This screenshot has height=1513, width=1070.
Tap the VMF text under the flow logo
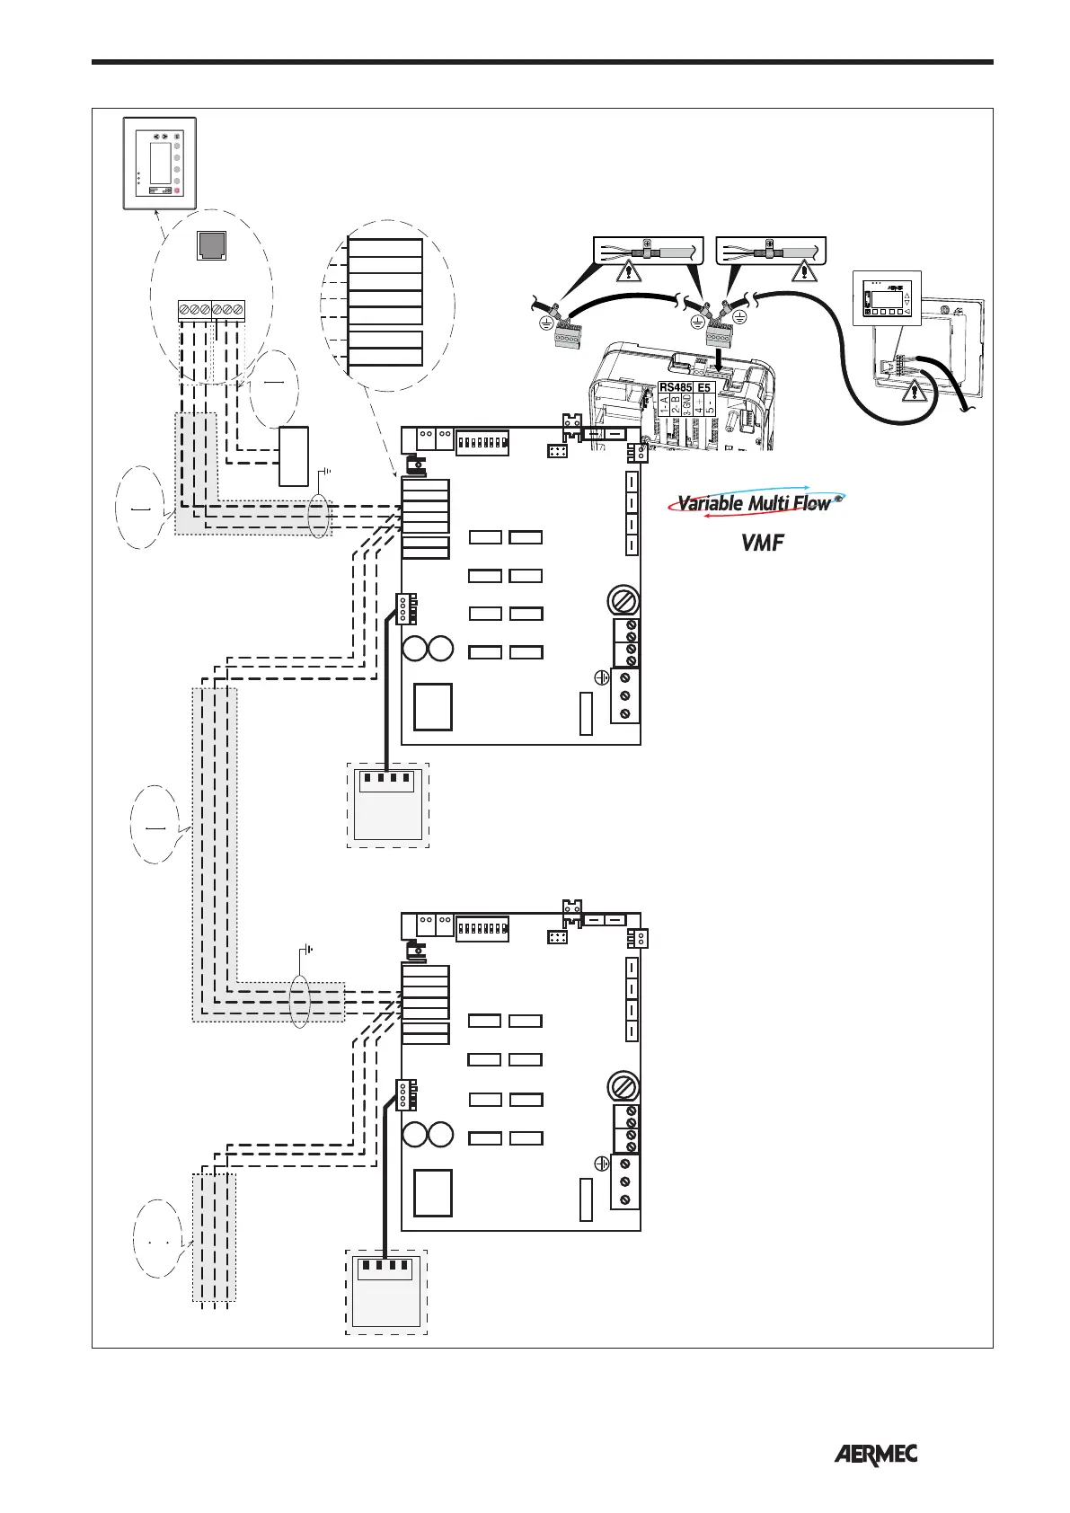pos(762,543)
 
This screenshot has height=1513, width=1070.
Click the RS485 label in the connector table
pos(676,387)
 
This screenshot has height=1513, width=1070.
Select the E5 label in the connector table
pos(704,387)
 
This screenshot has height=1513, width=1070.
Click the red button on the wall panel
pos(178,191)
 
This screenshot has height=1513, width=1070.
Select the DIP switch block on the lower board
pos(482,927)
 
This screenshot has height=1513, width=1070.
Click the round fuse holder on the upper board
pos(623,599)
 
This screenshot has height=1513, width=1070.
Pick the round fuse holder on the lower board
pos(623,1085)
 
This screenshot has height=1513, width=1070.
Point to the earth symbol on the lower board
pos(602,1164)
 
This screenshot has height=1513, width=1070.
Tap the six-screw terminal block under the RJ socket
pos(211,310)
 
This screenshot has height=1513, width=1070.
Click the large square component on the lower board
pos(433,1192)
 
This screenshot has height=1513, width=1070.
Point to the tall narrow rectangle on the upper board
pos(586,713)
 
